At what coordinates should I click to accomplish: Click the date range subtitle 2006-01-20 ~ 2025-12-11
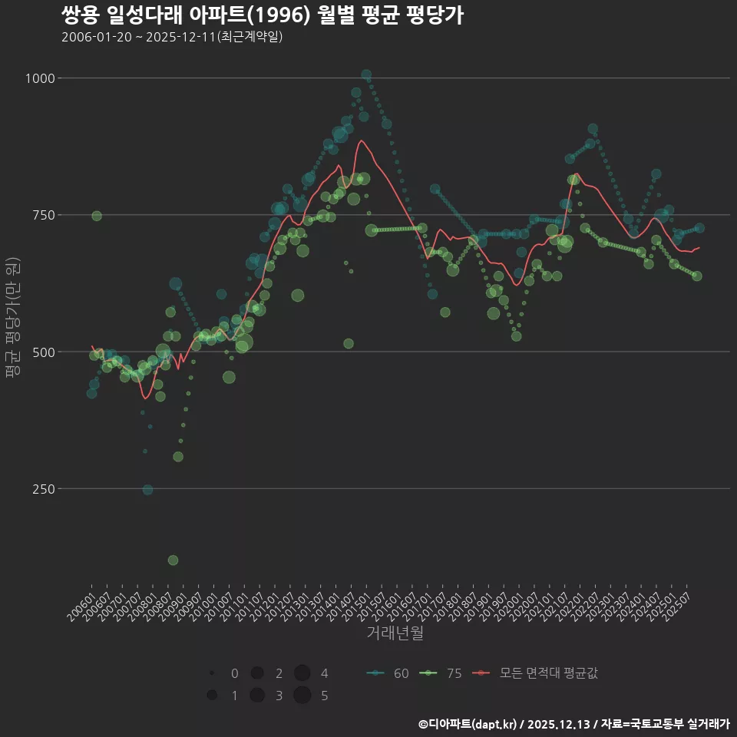[173, 37]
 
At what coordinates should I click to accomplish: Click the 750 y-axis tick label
[41, 215]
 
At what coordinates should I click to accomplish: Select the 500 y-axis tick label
[41, 352]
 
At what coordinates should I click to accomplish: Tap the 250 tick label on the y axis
[41, 489]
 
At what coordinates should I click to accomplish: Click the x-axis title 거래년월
[395, 633]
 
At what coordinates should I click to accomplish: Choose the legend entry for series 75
[441, 673]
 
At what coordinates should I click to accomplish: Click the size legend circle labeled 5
[302, 696]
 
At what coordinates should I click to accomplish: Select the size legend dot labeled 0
[211, 673]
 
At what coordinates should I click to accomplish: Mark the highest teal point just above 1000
[366, 75]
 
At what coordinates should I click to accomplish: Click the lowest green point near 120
[173, 560]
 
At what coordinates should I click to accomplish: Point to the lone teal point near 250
[147, 490]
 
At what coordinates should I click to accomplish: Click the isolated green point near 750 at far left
[97, 216]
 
